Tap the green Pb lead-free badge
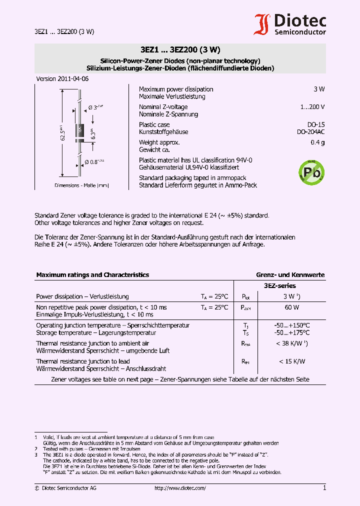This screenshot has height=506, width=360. [311, 172]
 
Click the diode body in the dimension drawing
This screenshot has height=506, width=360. [79, 132]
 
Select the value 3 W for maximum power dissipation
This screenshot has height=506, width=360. [319, 89]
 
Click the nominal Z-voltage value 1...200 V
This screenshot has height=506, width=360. [312, 107]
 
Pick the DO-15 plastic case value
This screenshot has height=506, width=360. [315, 124]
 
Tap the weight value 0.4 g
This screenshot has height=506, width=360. [317, 142]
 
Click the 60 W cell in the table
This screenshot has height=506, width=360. [292, 307]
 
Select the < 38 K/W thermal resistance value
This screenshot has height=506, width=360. [292, 343]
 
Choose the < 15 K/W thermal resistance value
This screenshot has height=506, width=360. [292, 361]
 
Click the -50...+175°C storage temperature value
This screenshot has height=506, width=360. [292, 332]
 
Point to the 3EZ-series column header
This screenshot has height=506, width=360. [279, 286]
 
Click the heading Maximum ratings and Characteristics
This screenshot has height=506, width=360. [92, 275]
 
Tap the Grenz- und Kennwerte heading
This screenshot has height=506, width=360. [290, 275]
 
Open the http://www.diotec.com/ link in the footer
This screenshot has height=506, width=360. [180, 488]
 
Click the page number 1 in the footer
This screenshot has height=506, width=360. [324, 487]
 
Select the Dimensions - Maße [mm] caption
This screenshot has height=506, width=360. [81, 185]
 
